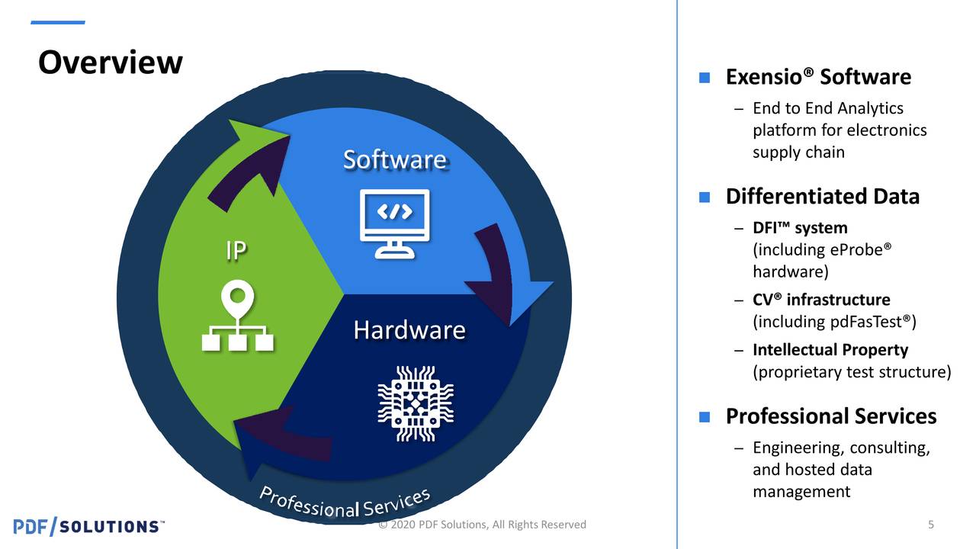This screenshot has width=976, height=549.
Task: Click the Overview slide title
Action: click(111, 63)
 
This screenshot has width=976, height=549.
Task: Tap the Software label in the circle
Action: click(394, 160)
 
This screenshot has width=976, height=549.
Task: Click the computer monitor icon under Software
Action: click(394, 223)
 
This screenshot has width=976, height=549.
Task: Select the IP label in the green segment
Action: click(236, 251)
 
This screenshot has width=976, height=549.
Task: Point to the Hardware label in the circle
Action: click(409, 330)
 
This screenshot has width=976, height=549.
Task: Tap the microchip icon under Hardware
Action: click(416, 403)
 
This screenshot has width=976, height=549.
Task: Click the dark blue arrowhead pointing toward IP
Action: click(255, 442)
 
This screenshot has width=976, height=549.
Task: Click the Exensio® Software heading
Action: click(817, 77)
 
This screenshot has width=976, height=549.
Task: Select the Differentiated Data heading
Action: click(822, 197)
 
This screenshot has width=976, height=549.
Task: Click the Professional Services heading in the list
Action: click(830, 416)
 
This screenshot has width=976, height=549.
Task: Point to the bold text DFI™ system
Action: click(799, 228)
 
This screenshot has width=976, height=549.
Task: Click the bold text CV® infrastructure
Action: click(820, 300)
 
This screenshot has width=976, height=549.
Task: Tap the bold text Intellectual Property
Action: click(830, 350)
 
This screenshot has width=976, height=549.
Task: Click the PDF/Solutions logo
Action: click(88, 526)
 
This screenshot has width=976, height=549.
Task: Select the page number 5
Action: click(931, 525)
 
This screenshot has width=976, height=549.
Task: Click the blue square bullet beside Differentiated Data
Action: click(705, 197)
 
